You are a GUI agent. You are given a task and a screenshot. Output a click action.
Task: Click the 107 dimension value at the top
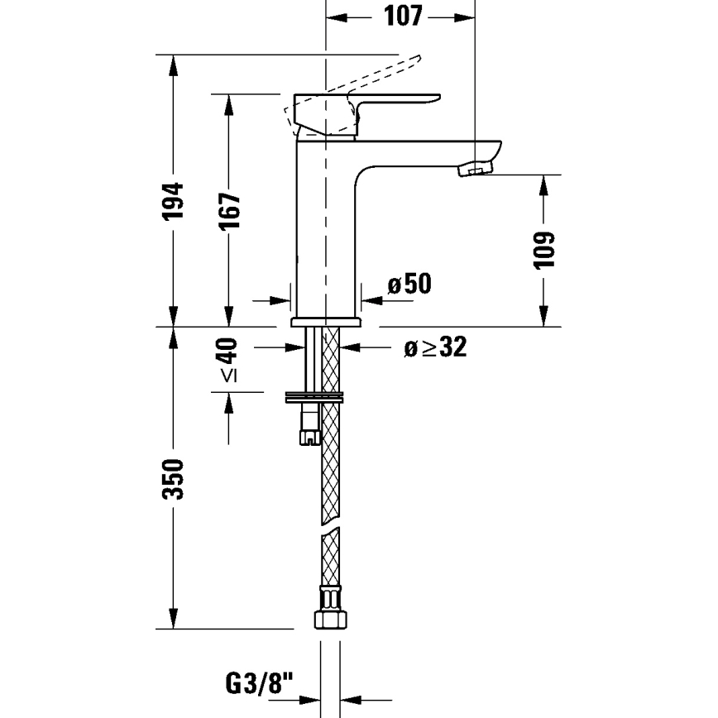point(403,16)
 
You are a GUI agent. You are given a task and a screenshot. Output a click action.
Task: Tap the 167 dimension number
point(229,210)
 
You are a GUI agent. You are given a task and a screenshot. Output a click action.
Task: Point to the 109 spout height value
point(543,250)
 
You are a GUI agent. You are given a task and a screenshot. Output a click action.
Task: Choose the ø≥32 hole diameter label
point(435,347)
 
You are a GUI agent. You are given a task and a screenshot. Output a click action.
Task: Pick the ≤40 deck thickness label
point(228,361)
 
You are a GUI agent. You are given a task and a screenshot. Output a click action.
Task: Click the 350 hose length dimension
point(173,479)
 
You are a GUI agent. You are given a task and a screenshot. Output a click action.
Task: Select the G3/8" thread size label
point(259,684)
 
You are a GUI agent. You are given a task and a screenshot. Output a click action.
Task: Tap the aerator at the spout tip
point(474,170)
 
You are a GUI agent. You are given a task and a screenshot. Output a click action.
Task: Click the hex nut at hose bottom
point(328,619)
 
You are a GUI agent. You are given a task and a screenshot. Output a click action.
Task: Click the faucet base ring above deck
point(327,320)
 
